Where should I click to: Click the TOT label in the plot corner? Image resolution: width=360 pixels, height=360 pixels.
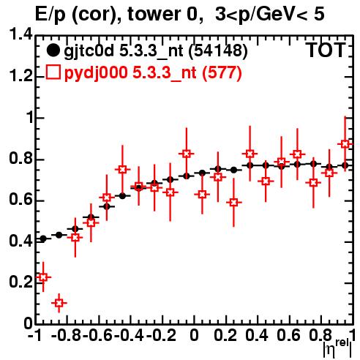(326, 50)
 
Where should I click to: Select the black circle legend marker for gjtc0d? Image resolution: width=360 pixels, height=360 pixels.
(53, 50)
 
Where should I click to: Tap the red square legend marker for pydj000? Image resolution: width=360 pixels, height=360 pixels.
(53, 72)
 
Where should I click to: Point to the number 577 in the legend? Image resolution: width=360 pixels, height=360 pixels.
(222, 72)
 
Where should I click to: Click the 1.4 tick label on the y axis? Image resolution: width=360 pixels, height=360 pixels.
(20, 34)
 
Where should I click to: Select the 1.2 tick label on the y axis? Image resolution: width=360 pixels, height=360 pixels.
(20, 76)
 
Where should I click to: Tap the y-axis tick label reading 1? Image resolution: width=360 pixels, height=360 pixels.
(30, 117)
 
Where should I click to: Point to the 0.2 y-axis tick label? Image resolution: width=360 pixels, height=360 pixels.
(20, 282)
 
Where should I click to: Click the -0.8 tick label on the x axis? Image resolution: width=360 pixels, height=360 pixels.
(67, 336)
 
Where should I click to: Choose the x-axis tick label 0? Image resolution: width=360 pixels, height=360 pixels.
(194, 336)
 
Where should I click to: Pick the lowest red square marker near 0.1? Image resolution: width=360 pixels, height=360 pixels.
(59, 303)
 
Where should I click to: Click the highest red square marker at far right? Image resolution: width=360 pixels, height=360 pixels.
(345, 144)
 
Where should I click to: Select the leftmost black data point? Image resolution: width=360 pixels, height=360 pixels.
(43, 239)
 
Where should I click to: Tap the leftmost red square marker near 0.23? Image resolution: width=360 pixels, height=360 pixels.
(43, 277)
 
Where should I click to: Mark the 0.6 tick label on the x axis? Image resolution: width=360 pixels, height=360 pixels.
(289, 336)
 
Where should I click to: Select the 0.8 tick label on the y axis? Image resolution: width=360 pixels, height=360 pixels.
(20, 159)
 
